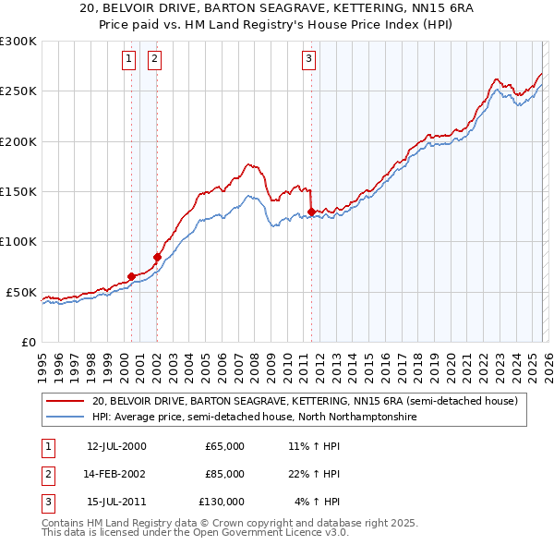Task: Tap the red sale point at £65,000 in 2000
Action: (131, 276)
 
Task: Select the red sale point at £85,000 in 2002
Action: (157, 257)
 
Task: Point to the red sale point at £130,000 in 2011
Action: (311, 212)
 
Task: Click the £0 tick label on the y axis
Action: (28, 342)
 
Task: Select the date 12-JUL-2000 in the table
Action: (116, 446)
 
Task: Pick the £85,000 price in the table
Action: (224, 474)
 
